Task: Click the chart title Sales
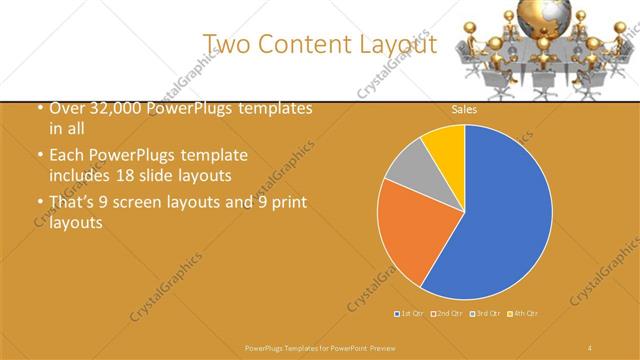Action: coord(464,109)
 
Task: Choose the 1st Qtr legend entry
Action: coord(407,314)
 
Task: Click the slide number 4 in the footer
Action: coord(590,346)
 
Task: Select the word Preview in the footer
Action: coord(376,346)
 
